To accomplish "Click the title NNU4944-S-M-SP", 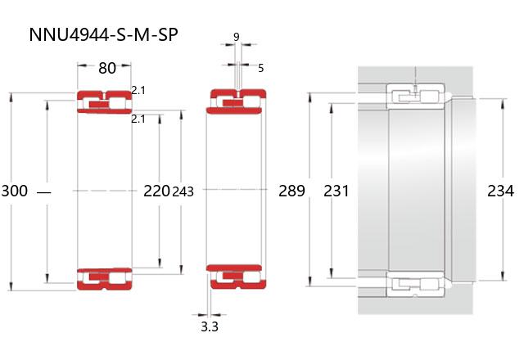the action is point(103,34).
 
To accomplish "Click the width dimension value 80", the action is point(107,68).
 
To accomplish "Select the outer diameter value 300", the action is point(15,191).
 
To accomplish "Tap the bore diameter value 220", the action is point(156,191).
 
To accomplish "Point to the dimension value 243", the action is point(183,191).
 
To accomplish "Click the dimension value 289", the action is point(291,191).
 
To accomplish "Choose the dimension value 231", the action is point(337,191).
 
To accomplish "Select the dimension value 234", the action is point(500,191).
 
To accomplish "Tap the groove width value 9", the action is point(237,37).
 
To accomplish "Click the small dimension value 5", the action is point(261,68).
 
